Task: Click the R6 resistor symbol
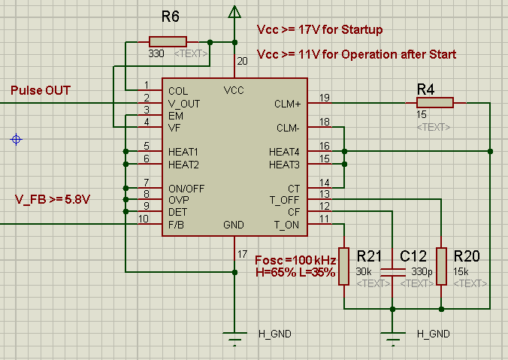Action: pyautogui.click(x=172, y=42)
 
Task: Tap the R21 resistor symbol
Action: pyautogui.click(x=343, y=266)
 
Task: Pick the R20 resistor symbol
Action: pyautogui.click(x=442, y=266)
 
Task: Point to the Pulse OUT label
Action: pyautogui.click(x=41, y=91)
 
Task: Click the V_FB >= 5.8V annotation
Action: pyautogui.click(x=52, y=199)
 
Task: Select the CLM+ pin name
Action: pyautogui.click(x=288, y=104)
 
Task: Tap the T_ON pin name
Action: pyautogui.click(x=287, y=225)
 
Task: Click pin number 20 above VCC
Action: pyautogui.click(x=241, y=62)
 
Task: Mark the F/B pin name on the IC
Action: pyautogui.click(x=177, y=225)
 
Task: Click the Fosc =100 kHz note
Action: pyautogui.click(x=295, y=259)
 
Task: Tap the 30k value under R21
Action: pyautogui.click(x=364, y=271)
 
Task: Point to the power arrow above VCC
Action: pyautogui.click(x=234, y=11)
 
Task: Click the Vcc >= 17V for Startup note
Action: pyautogui.click(x=320, y=30)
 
